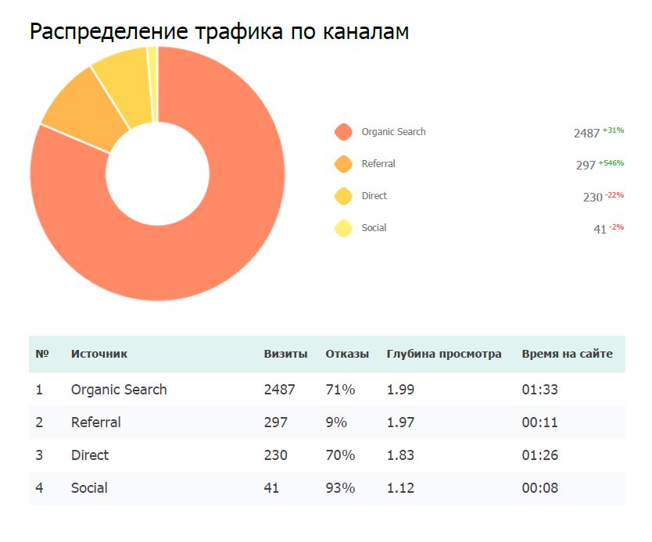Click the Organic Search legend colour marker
(x=342, y=132)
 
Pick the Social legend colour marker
(x=342, y=228)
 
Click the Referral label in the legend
(x=378, y=164)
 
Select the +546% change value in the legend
(x=611, y=162)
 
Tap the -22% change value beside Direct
(x=614, y=194)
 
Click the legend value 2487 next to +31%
(x=586, y=134)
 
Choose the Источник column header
(x=99, y=354)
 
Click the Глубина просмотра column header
(x=444, y=354)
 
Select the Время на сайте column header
(x=567, y=354)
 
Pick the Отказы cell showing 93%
(x=340, y=488)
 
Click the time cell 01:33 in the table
(x=539, y=389)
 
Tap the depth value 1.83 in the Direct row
(x=400, y=455)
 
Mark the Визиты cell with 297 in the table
(x=276, y=423)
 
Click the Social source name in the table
(x=89, y=488)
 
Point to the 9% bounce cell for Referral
(x=336, y=423)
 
